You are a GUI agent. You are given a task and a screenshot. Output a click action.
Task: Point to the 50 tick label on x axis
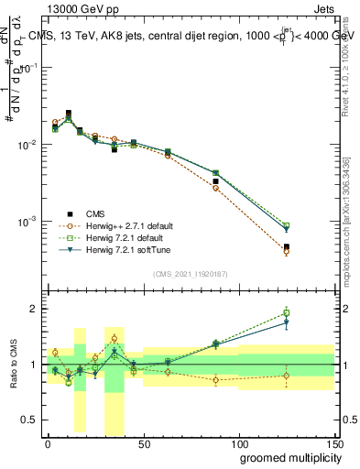pos(143,442)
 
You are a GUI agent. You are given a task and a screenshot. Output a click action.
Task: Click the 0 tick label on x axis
pos(48,442)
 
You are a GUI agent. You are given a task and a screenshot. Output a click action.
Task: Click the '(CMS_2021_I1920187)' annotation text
pos(191,273)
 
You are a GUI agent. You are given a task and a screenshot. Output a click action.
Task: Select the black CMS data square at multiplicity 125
pos(286,247)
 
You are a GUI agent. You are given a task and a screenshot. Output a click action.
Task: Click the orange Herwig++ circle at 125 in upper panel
pos(286,252)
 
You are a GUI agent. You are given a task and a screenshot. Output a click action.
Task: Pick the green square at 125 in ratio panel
pos(286,313)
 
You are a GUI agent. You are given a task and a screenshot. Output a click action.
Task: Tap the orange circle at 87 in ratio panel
pos(215,379)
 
